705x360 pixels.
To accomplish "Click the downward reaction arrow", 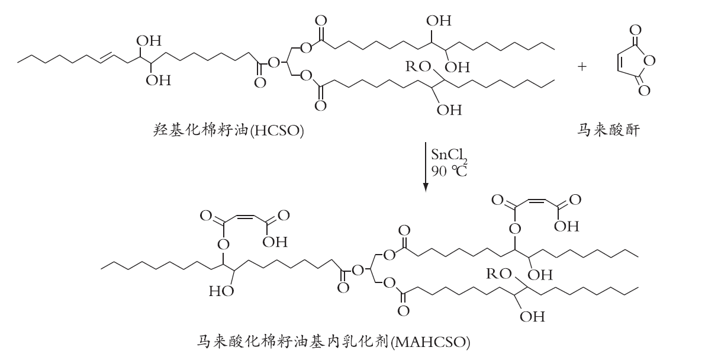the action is (x=425, y=166).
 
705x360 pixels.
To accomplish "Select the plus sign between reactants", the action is (x=582, y=66).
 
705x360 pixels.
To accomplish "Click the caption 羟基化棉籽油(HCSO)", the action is (x=228, y=130).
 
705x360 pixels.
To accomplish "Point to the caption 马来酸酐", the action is (x=609, y=130).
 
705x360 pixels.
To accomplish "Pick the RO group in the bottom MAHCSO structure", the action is (x=498, y=273).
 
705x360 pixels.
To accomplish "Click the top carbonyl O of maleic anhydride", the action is (x=635, y=31).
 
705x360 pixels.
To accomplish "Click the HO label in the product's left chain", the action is (x=221, y=291).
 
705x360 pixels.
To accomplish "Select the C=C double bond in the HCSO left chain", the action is (x=105, y=56).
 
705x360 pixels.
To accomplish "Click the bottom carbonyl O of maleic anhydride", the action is (x=643, y=91).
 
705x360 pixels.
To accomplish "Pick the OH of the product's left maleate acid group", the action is (x=275, y=242).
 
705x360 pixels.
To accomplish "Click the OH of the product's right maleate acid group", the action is (x=566, y=226).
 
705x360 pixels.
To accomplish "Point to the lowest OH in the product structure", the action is (x=532, y=316).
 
